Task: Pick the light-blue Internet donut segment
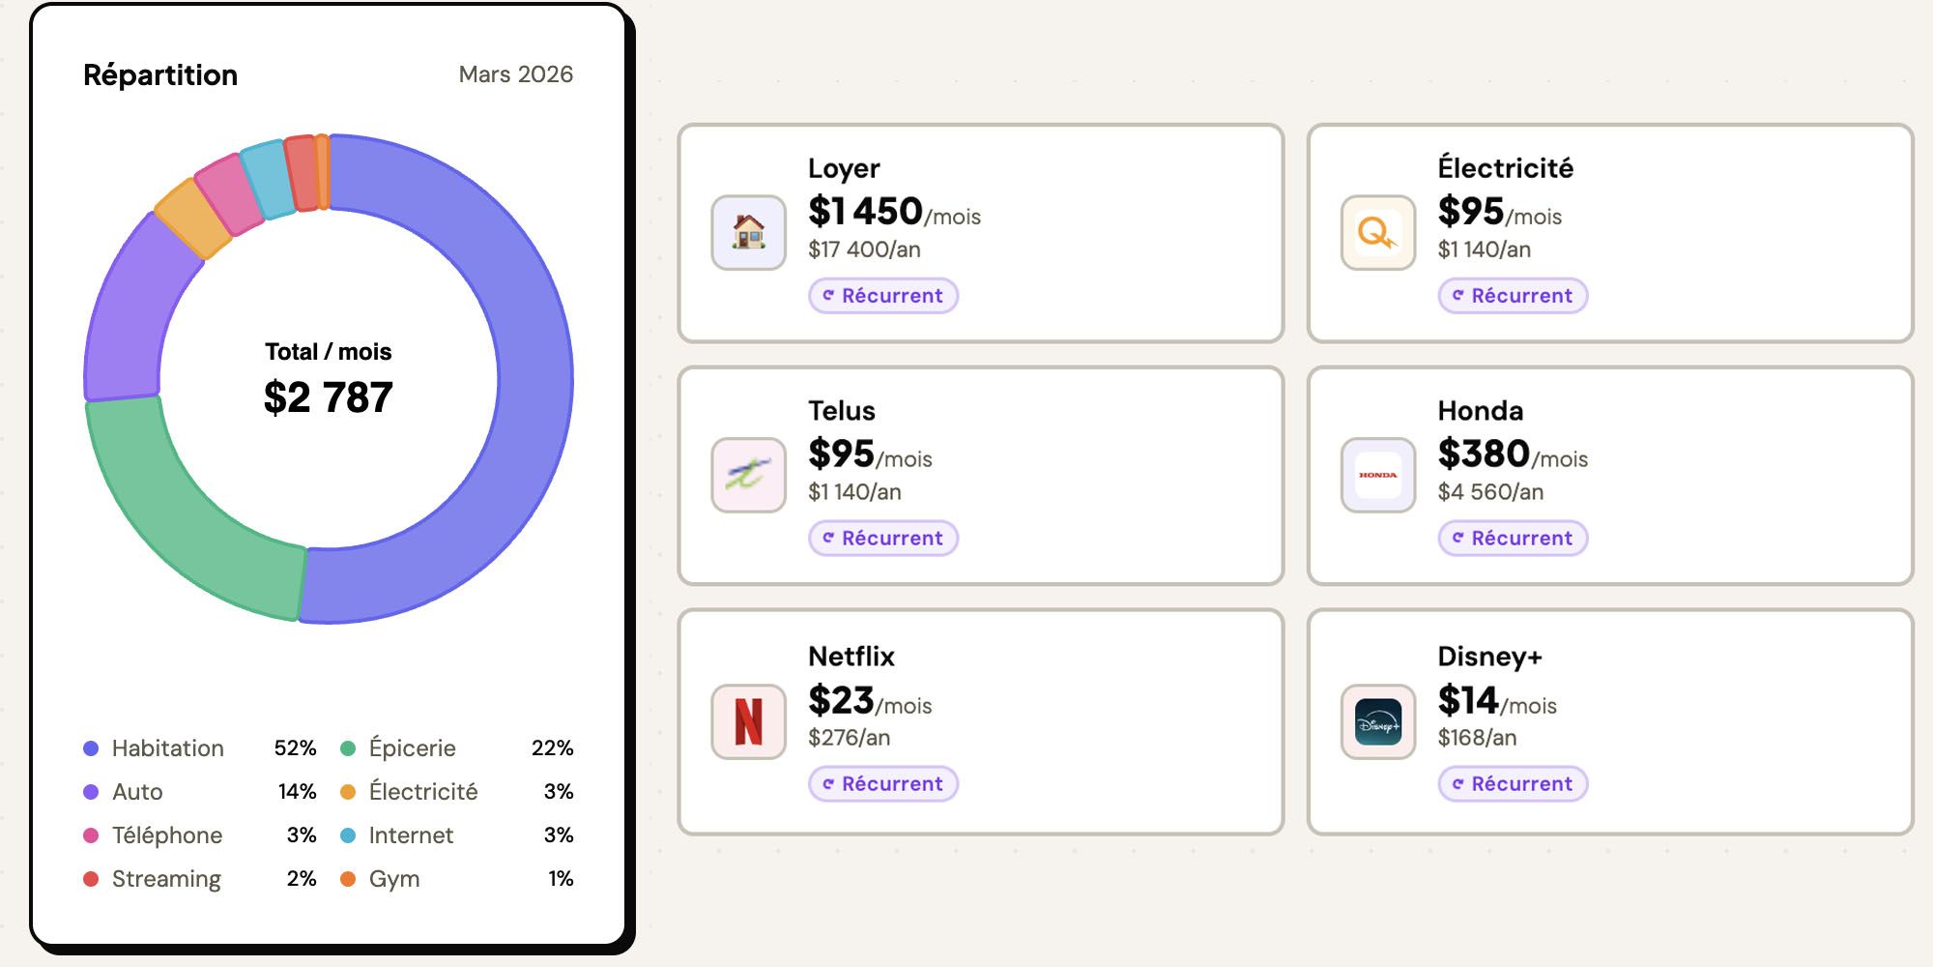(268, 179)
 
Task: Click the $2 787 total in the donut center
(329, 397)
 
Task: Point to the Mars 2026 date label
(515, 74)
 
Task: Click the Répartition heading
(160, 74)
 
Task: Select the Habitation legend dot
(91, 748)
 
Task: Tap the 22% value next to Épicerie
(552, 748)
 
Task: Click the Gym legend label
(394, 879)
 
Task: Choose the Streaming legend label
(166, 879)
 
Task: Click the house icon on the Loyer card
(749, 233)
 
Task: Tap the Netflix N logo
(749, 722)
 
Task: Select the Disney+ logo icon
(1378, 722)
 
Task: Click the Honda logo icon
(1378, 475)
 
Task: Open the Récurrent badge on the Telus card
(883, 539)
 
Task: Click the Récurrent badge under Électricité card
(1513, 296)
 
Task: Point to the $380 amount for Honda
(1484, 454)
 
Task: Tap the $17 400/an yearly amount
(864, 249)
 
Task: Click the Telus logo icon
(749, 475)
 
